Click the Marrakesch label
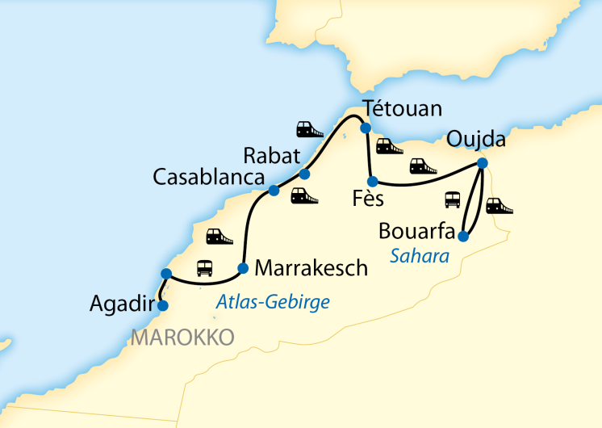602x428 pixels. [x=311, y=267]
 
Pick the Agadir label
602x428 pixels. [x=119, y=304]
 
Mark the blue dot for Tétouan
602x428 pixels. [x=365, y=128]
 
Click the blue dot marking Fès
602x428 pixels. [x=372, y=182]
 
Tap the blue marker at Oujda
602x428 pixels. [x=482, y=163]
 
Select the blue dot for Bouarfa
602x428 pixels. [x=462, y=237]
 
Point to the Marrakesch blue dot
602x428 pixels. [x=243, y=268]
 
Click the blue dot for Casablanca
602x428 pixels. [x=274, y=191]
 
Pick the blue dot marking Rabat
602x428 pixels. [x=304, y=174]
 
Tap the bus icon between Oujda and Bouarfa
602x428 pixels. [x=453, y=199]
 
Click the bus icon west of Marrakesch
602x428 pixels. [x=205, y=267]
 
